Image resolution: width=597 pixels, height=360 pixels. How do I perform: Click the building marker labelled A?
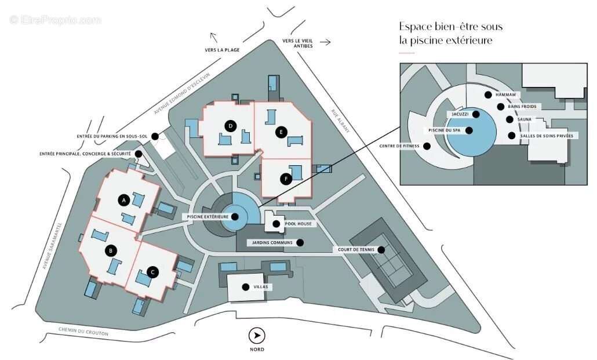pos(123,200)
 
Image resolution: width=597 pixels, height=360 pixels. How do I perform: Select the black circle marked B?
pos(111,251)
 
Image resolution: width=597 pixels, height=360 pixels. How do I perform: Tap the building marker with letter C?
pos(152,271)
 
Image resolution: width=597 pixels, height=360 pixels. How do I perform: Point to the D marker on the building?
pos(230,126)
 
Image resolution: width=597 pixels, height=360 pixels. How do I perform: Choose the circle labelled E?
pos(281,132)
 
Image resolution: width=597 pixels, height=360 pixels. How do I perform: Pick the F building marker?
pos(286,179)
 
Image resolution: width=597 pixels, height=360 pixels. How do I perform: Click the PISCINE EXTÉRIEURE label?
pos(207,217)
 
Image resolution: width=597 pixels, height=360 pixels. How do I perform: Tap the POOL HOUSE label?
pos(298,223)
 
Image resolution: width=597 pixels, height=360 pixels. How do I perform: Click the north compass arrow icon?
pos(257,335)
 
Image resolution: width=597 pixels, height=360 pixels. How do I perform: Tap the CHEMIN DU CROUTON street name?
pos(83,332)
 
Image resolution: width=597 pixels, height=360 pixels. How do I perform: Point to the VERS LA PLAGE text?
pos(222,50)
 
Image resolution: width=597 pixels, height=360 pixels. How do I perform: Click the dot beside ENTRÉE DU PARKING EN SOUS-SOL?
pos(155,137)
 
